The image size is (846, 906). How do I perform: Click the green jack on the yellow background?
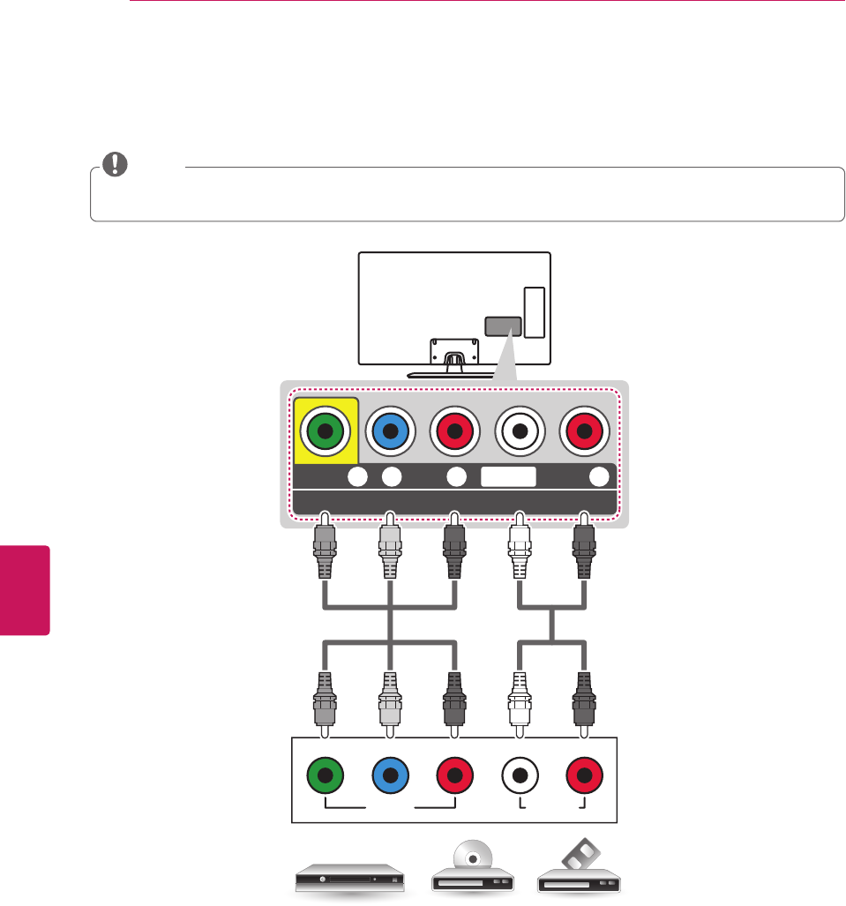pyautogui.click(x=326, y=431)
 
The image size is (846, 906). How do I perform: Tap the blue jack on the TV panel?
pyautogui.click(x=391, y=431)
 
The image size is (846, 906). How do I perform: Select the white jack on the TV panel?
pyautogui.click(x=520, y=431)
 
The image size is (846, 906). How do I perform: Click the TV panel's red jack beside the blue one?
pyautogui.click(x=455, y=431)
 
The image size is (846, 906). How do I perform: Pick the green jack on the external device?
pyautogui.click(x=326, y=777)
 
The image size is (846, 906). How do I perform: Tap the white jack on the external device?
pyautogui.click(x=520, y=777)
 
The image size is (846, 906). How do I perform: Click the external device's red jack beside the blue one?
pyautogui.click(x=455, y=777)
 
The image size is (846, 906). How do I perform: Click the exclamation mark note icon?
pyautogui.click(x=114, y=164)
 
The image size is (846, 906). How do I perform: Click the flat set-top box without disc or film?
pyautogui.click(x=345, y=878)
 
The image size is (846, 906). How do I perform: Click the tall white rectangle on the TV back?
pyautogui.click(x=533, y=312)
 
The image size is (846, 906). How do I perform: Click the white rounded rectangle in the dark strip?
pyautogui.click(x=508, y=476)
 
